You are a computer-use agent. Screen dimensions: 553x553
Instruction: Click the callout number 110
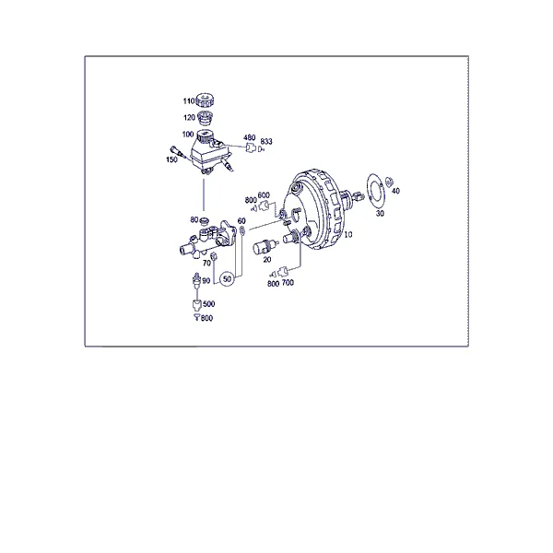pos(189,101)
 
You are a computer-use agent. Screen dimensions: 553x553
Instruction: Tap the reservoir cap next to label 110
pos(205,100)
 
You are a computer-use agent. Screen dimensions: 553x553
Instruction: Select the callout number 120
pos(189,117)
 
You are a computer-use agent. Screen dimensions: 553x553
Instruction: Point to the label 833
pos(266,141)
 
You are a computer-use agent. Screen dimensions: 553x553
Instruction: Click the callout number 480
pos(250,137)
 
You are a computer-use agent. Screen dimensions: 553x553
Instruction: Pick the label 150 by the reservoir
pos(171,159)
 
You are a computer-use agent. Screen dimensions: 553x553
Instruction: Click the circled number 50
pos(227,279)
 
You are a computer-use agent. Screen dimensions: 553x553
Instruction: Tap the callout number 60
pos(241,221)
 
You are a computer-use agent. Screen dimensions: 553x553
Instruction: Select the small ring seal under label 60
pos(242,230)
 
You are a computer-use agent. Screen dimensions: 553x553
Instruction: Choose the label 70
pos(206,263)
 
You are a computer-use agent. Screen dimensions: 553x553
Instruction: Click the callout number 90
pos(206,281)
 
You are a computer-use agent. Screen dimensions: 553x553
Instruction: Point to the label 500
pos(209,303)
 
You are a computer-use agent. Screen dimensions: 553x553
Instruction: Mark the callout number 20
pos(267,260)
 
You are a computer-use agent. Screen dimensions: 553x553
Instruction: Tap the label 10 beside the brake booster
pos(348,234)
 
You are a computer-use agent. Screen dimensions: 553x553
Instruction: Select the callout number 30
pos(380,214)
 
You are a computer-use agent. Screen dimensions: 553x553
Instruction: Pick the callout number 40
pos(395,191)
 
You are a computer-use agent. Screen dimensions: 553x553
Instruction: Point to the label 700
pos(288,283)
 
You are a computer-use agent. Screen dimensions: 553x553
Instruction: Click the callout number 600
pos(264,195)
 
